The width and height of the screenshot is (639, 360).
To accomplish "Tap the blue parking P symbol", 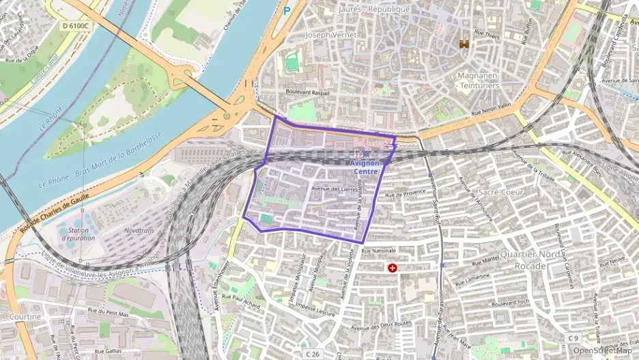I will (x=287, y=10).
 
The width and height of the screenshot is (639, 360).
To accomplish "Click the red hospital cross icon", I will (x=393, y=268).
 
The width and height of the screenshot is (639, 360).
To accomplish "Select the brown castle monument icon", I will (x=465, y=44).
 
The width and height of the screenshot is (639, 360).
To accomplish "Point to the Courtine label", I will (x=25, y=316).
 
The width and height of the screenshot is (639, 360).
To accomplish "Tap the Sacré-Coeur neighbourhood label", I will (x=500, y=192).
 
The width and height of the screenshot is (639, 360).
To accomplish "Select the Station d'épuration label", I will (x=79, y=234).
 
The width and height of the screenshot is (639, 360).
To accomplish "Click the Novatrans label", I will (x=140, y=230).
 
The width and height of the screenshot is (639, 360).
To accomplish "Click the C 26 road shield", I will (x=312, y=354).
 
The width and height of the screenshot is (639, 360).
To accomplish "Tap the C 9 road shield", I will (x=573, y=337).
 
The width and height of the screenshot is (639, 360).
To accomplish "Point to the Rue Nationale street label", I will (x=378, y=251).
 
